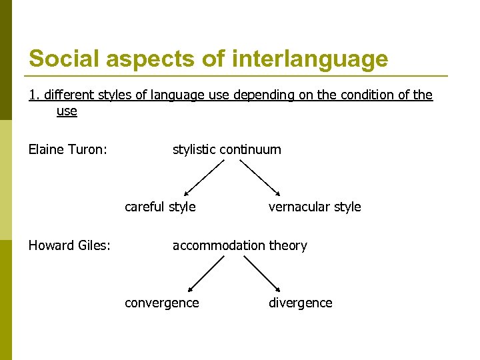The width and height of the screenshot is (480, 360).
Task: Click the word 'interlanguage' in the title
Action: click(310, 59)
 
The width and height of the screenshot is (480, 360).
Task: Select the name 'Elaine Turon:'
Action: click(67, 149)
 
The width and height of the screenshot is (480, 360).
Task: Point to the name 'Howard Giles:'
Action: click(69, 245)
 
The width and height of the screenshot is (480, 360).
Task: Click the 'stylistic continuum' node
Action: click(227, 149)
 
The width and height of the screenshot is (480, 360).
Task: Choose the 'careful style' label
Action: click(160, 207)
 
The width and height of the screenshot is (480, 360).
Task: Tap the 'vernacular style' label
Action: click(315, 207)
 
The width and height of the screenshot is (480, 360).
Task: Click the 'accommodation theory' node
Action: click(240, 245)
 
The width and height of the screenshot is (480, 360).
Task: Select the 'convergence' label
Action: click(162, 303)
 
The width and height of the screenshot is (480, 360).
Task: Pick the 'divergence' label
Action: click(300, 303)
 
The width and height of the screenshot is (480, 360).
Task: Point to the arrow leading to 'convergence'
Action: click(206, 273)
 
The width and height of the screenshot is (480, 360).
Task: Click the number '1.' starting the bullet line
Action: click(33, 95)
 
